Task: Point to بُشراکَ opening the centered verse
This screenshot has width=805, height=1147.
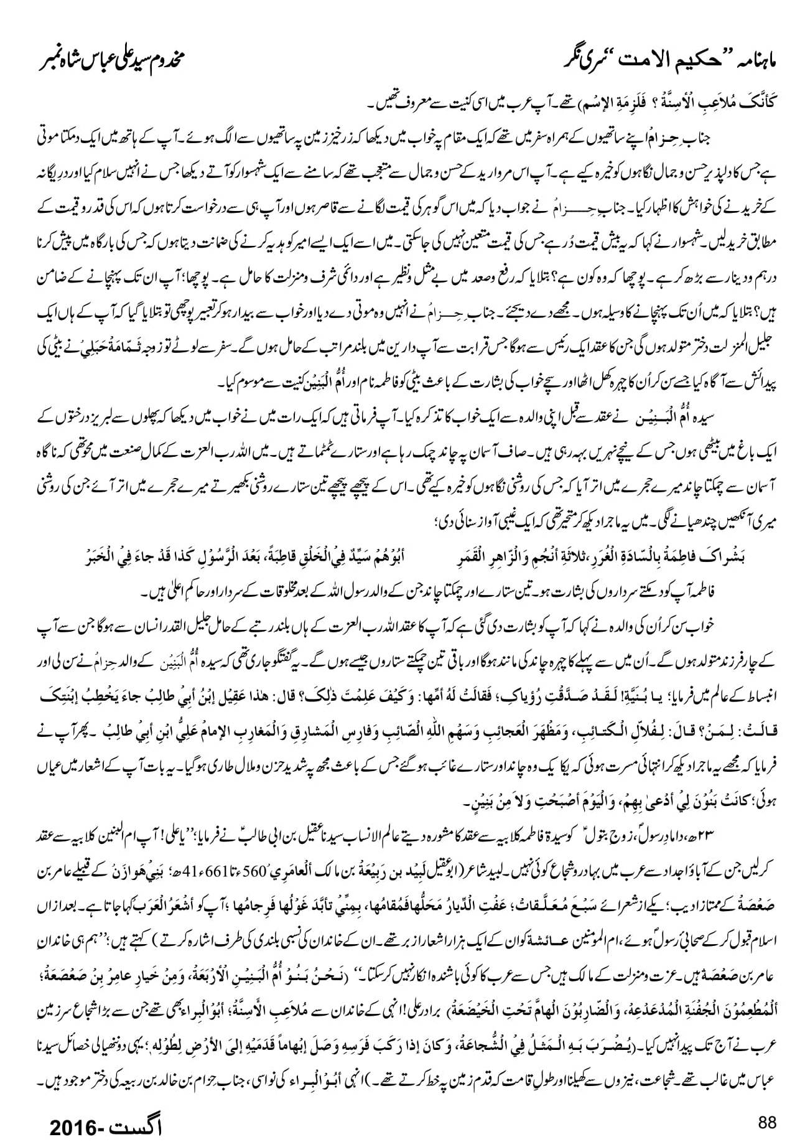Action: pos(725,556)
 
